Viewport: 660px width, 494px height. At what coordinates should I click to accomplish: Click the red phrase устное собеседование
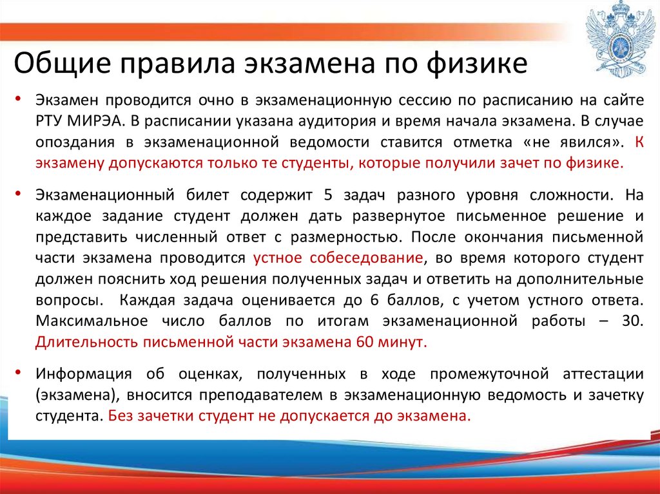point(338,258)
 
